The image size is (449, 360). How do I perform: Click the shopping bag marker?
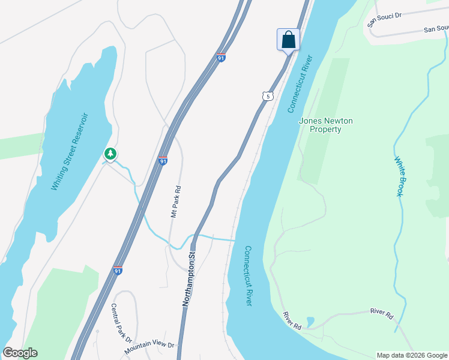tap(288, 40)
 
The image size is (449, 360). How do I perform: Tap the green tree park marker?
tap(110, 154)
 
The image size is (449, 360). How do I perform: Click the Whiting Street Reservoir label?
tap(70, 151)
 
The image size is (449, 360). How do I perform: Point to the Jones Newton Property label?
tap(326, 125)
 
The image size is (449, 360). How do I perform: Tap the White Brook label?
tap(400, 176)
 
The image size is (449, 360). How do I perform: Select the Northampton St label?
tap(189, 280)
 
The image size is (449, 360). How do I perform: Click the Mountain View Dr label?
tap(149, 346)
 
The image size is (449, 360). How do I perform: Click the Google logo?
tap(20, 353)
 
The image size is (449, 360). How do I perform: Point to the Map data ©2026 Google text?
tap(412, 355)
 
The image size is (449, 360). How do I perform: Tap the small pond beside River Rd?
tap(309, 322)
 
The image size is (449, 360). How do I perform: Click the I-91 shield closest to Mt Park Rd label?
tap(163, 161)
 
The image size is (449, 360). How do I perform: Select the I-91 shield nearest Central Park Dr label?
tap(118, 271)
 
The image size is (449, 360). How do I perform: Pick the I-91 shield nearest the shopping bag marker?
tap(221, 58)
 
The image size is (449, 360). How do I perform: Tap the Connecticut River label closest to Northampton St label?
tap(248, 275)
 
